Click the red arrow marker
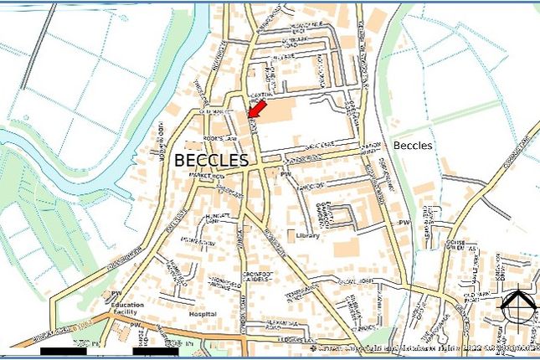pyautogui.click(x=255, y=107)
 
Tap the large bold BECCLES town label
pyautogui.click(x=212, y=159)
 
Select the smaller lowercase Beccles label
pyautogui.click(x=413, y=145)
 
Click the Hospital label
pyautogui.click(x=203, y=313)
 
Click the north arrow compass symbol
pyautogui.click(x=518, y=307)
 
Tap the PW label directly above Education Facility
pyautogui.click(x=116, y=293)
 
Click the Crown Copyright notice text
pyautogui.click(x=419, y=347)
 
